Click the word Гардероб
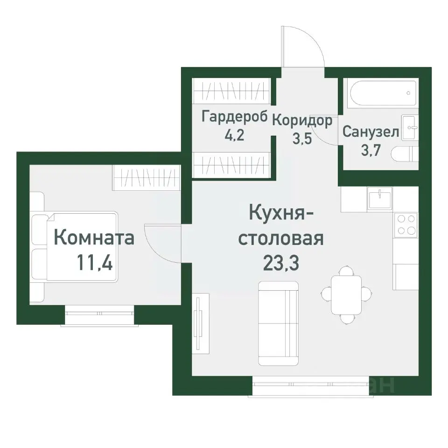point(235,117)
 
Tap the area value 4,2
point(235,136)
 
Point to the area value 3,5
point(302,139)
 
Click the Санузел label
point(371,132)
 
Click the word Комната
point(94,238)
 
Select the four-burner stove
point(406,224)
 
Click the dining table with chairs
point(346,294)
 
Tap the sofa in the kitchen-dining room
point(278,323)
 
